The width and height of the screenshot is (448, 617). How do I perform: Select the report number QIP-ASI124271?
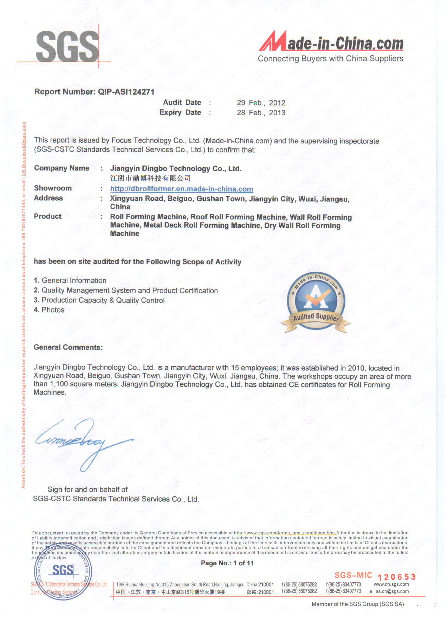click(x=126, y=92)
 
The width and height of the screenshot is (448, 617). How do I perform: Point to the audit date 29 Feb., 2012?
click(x=261, y=103)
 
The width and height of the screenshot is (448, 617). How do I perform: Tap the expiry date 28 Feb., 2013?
click(x=261, y=113)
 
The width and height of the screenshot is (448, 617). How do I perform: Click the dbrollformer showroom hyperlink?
click(x=182, y=189)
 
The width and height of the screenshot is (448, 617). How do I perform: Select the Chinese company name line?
click(x=150, y=178)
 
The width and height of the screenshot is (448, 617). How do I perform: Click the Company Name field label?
click(x=61, y=168)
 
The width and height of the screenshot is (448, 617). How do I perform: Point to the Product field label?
click(x=48, y=217)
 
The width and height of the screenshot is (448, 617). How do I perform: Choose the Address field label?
click(x=48, y=198)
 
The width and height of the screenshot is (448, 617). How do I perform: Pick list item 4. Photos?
click(x=49, y=310)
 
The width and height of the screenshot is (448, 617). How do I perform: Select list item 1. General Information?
click(x=70, y=281)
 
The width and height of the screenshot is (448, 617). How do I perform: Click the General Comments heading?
click(x=68, y=347)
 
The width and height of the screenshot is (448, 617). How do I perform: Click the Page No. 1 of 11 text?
click(x=227, y=563)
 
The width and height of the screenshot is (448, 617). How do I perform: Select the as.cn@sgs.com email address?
click(x=392, y=592)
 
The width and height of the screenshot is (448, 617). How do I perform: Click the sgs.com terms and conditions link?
click(x=285, y=533)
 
